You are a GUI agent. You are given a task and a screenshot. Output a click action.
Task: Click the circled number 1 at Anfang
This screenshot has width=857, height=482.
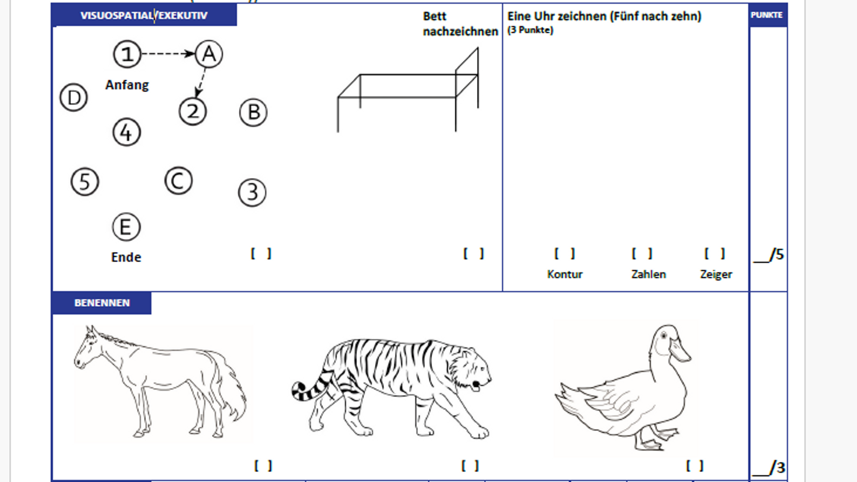(x=127, y=54)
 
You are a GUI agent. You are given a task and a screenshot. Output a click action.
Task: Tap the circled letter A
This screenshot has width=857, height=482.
(x=209, y=54)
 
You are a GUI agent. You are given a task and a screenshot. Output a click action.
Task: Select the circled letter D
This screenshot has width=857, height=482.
(x=74, y=98)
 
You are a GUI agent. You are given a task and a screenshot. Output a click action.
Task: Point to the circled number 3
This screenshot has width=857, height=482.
(x=252, y=193)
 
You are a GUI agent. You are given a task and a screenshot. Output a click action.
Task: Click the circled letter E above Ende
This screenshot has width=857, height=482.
(x=126, y=227)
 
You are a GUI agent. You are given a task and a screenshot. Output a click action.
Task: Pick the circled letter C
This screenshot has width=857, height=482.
(x=179, y=181)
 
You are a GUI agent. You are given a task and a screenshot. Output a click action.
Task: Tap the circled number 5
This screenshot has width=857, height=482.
(x=85, y=182)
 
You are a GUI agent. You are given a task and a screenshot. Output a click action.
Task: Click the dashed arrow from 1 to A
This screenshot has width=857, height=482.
(x=167, y=54)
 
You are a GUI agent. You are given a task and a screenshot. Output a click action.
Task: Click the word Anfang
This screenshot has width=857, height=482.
(x=127, y=85)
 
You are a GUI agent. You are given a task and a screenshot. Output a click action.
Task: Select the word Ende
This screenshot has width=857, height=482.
(x=126, y=257)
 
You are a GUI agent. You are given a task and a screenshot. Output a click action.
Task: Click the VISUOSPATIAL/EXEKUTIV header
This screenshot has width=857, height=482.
(x=144, y=15)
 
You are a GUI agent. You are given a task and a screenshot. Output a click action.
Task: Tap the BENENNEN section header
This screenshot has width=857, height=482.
(x=102, y=303)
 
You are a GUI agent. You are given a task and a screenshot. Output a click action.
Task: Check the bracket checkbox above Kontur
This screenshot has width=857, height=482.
(x=564, y=253)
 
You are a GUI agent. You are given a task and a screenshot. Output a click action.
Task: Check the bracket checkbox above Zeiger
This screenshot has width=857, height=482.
(x=714, y=253)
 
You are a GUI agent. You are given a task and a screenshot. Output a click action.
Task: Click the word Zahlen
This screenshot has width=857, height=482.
(x=648, y=274)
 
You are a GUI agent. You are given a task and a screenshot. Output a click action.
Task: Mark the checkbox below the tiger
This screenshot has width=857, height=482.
(x=470, y=466)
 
